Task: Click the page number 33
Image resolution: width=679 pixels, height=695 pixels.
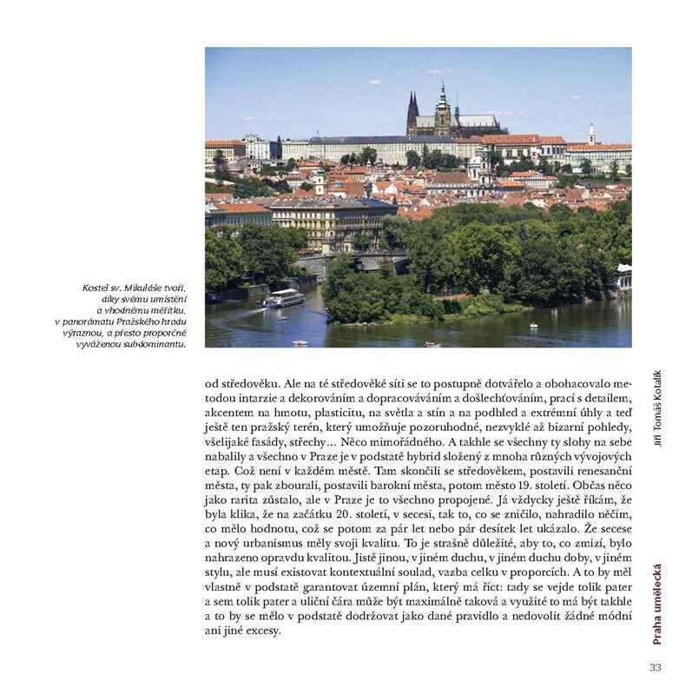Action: click(655, 667)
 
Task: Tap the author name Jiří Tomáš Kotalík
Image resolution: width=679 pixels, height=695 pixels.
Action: click(657, 408)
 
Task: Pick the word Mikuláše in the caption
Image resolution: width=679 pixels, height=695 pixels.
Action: click(149, 288)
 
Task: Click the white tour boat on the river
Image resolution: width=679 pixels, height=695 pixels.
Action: click(284, 299)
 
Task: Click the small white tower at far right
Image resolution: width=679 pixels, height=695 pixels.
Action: click(591, 134)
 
